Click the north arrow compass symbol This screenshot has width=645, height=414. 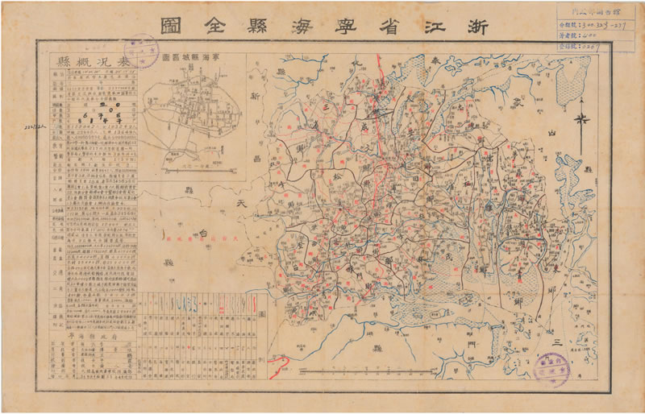580,121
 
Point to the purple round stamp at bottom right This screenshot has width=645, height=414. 553,369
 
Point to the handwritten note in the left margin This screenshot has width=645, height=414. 18,128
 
